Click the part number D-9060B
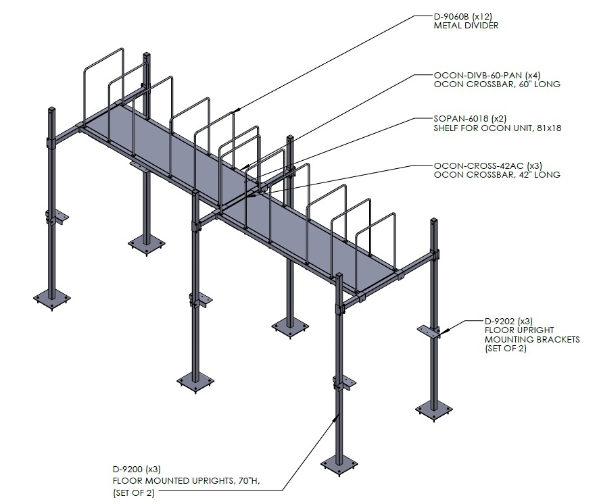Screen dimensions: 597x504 451,16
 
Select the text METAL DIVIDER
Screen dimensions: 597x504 466,26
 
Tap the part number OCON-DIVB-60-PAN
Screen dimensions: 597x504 478,75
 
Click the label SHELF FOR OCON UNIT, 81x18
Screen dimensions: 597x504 497,128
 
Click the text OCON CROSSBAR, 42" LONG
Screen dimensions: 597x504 497,175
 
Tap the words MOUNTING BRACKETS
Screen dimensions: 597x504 532,339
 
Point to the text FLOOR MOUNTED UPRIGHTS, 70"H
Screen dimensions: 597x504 186,481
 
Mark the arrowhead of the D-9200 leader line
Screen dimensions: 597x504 336,418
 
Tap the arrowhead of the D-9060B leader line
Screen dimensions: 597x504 237,110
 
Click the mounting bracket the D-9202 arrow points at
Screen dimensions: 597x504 429,330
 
